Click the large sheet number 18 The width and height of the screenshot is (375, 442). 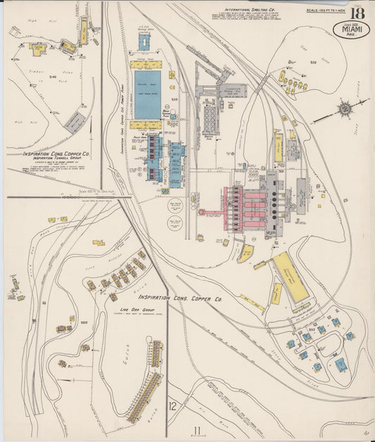(359, 15)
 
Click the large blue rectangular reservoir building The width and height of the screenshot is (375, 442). (148, 93)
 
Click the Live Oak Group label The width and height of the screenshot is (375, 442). (137, 308)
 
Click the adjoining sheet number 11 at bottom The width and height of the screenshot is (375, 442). (198, 430)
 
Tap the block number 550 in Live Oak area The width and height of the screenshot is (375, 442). (84, 323)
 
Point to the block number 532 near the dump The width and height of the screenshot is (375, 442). (313, 63)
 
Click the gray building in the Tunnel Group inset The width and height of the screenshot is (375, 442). (75, 123)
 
